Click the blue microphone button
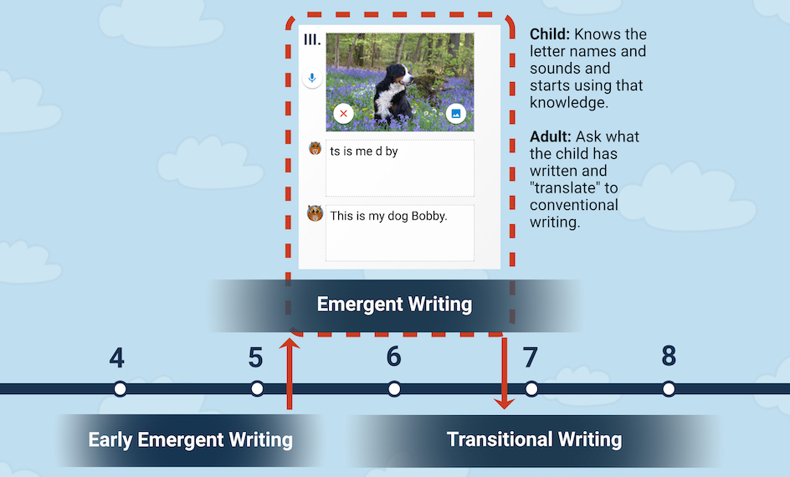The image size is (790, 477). click(312, 78)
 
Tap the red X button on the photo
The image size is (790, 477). click(344, 113)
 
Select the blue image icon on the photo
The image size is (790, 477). click(456, 113)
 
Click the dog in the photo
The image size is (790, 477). click(393, 90)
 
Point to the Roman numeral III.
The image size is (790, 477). click(312, 40)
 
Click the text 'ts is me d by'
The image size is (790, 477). click(364, 151)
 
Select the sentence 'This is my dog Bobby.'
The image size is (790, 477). click(388, 216)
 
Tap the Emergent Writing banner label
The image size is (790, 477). click(394, 305)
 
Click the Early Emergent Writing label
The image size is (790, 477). click(191, 439)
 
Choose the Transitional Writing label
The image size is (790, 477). click(535, 439)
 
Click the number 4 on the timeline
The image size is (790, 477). click(117, 357)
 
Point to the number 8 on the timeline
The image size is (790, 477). click(669, 356)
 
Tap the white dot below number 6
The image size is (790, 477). click(394, 389)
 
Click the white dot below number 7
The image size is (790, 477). click(531, 389)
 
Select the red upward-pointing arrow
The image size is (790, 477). click(290, 373)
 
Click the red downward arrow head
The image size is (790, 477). click(505, 403)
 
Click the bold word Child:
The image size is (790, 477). click(550, 34)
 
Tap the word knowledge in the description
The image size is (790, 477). click(567, 103)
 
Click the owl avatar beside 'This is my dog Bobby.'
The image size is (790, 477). click(315, 213)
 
